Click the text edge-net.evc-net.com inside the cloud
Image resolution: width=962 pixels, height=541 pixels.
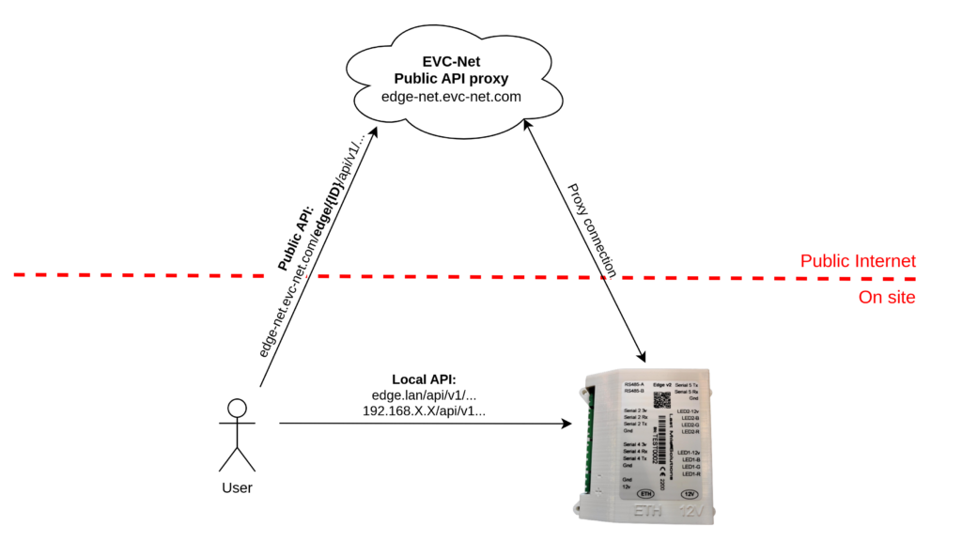tap(451, 97)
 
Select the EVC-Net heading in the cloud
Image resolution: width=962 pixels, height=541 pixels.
tap(451, 62)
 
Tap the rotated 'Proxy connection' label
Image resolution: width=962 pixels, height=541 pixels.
tap(592, 230)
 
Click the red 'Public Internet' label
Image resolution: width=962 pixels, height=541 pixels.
tap(858, 261)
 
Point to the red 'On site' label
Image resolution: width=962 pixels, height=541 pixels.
tap(887, 298)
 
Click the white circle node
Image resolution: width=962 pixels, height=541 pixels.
tap(237, 408)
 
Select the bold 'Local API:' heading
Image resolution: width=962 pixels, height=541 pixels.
tap(424, 379)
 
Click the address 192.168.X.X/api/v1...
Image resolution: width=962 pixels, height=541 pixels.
tap(424, 410)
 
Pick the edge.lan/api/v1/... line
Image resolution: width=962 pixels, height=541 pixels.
tap(424, 394)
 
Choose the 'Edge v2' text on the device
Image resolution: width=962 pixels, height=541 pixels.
tap(662, 384)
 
